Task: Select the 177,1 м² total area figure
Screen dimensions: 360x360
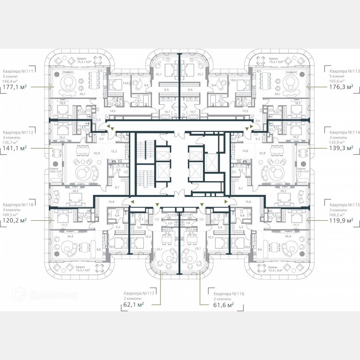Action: pyautogui.click(x=15, y=87)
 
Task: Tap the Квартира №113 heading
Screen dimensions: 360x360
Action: pyautogui.click(x=343, y=71)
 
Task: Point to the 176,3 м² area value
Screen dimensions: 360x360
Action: pyautogui.click(x=341, y=87)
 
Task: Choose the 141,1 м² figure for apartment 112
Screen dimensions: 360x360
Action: pyautogui.click(x=15, y=147)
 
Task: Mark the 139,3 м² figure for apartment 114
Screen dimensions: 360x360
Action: pyautogui.click(x=341, y=147)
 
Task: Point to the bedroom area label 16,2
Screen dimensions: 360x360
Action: pyautogui.click(x=62, y=137)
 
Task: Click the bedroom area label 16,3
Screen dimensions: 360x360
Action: pyautogui.click(x=295, y=137)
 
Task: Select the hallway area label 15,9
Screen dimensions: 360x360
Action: pyautogui.click(x=111, y=202)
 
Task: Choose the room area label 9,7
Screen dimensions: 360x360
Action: pyautogui.click(x=117, y=188)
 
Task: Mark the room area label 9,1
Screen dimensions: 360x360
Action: pyautogui.click(x=241, y=188)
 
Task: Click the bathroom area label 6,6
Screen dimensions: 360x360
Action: pyautogui.click(x=118, y=170)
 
